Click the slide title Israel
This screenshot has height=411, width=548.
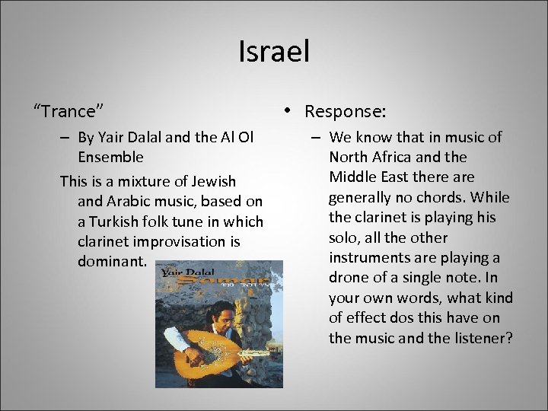pos(274,52)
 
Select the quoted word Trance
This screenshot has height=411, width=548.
pos(68,111)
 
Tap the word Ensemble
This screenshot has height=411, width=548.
pos(110,157)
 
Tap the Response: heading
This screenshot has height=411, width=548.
pos(346,111)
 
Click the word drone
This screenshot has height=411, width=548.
pos(350,277)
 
